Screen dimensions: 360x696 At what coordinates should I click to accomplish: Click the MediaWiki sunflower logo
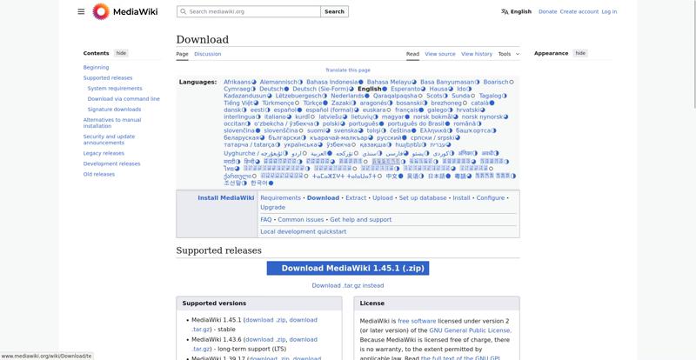[x=101, y=11]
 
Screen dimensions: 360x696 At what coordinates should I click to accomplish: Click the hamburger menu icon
[x=81, y=11]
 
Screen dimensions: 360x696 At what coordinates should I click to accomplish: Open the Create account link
[x=579, y=12]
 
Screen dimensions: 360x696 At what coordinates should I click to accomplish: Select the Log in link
[x=609, y=12]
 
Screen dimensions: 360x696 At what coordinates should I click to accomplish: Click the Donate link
[x=547, y=12]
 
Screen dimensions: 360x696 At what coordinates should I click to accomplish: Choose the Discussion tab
[x=207, y=54]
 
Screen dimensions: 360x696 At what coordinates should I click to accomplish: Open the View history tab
[x=476, y=54]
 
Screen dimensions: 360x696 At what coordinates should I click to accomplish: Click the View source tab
[x=439, y=54]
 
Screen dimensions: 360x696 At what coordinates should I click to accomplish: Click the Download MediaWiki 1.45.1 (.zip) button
[x=347, y=269]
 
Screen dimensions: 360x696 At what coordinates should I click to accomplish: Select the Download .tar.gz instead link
[x=347, y=285]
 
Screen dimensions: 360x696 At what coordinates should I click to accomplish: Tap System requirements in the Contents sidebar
[x=115, y=88]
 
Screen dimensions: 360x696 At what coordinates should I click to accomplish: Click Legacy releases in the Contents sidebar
[x=104, y=153]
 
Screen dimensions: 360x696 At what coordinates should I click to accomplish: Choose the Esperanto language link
[x=405, y=89]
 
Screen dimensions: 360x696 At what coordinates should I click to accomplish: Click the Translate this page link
[x=347, y=70]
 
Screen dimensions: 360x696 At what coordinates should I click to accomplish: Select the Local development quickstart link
[x=303, y=232]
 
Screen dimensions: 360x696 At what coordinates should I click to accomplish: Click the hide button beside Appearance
[x=580, y=53]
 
